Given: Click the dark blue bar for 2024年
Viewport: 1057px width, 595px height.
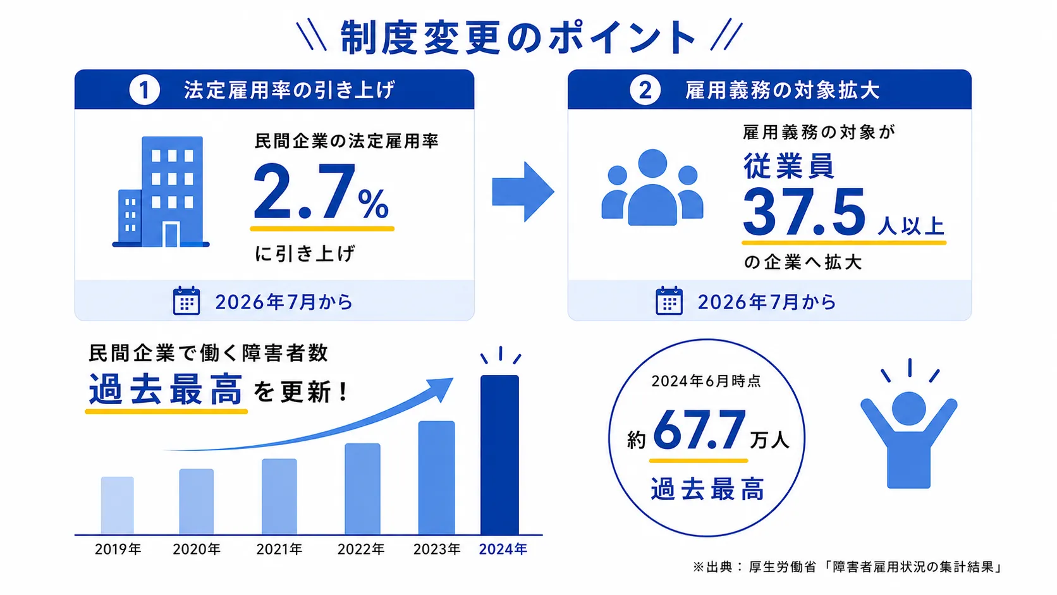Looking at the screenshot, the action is tap(499, 455).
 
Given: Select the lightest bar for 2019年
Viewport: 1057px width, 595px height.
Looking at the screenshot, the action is tap(118, 506).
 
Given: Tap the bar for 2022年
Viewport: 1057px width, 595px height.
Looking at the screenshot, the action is tap(362, 489).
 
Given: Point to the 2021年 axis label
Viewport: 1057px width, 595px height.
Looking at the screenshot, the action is tap(279, 549).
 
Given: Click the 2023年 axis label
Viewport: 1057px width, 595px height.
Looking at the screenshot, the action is tap(437, 549).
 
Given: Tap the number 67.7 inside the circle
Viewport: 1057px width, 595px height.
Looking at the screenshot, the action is tap(699, 431).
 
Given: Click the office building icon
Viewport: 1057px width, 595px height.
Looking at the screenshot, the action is tap(161, 192).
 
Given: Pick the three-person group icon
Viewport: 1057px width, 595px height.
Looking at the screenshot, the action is tap(652, 187).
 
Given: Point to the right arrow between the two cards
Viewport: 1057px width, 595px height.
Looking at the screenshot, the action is tap(523, 192).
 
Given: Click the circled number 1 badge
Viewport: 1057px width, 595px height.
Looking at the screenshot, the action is tap(144, 90).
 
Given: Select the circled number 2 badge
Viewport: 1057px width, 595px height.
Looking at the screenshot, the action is tap(645, 90).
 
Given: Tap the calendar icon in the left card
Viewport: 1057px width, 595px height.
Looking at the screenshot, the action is tap(186, 300).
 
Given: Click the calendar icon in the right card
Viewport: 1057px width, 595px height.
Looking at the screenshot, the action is tap(669, 300).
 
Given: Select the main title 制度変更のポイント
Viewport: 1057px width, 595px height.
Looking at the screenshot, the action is tap(518, 37).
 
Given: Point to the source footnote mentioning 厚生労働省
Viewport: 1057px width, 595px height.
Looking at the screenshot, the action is tap(848, 567).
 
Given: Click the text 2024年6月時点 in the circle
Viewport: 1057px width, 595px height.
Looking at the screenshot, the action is tap(706, 381).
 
